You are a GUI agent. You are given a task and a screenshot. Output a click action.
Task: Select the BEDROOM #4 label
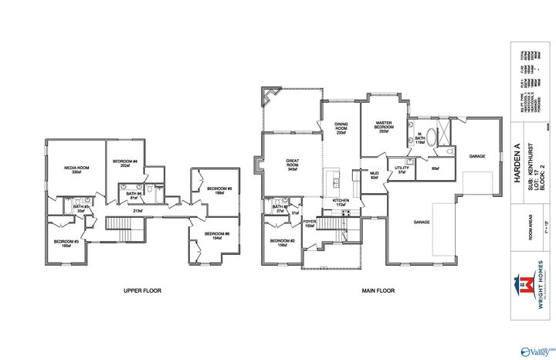pyautogui.click(x=124, y=162)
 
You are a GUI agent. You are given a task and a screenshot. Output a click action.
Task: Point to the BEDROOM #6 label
pyautogui.click(x=218, y=236)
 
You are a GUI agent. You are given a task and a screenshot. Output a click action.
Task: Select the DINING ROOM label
pyautogui.click(x=341, y=128)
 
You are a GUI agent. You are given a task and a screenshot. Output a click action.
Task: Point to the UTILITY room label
pyautogui.click(x=401, y=169)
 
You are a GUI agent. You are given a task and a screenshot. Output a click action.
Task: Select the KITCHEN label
pyautogui.click(x=341, y=202)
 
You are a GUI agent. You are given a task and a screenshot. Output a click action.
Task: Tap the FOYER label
pyautogui.click(x=309, y=224)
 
